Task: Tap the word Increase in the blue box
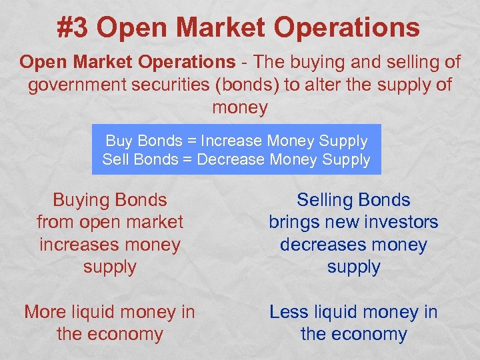[231, 141]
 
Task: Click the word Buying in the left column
[81, 200]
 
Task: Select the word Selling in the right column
[325, 200]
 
